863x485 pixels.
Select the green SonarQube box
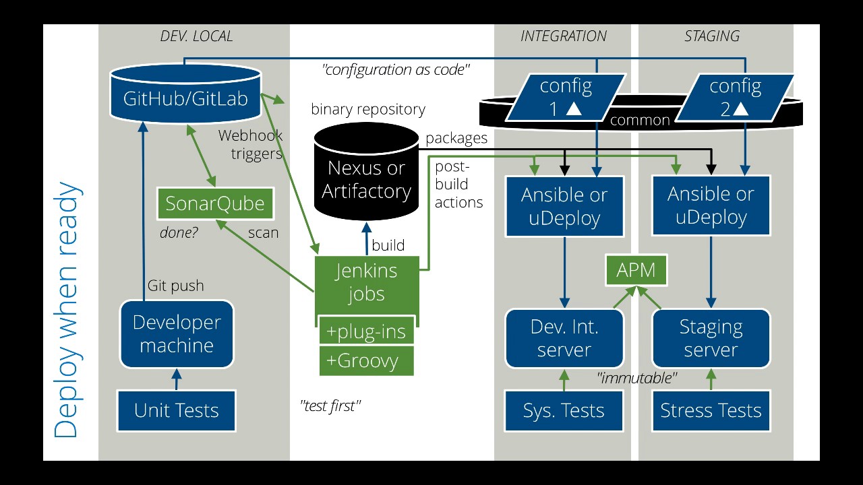tap(215, 203)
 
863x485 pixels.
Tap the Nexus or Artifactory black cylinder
tap(366, 178)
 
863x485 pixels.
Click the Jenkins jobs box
tap(366, 283)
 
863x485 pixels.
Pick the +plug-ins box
tap(366, 331)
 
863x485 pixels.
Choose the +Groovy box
tap(366, 360)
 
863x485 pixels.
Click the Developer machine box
tap(177, 334)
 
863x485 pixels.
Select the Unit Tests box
tap(177, 410)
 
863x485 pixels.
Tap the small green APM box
tap(636, 271)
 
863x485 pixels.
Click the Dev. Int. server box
tap(564, 338)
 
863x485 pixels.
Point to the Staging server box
tap(711, 338)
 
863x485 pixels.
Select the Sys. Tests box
tap(564, 410)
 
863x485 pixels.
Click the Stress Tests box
tap(711, 410)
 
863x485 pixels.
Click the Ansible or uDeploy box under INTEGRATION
tap(564, 206)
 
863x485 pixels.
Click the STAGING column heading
tap(712, 36)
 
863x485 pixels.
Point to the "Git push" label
tap(175, 286)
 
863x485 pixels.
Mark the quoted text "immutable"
tap(637, 379)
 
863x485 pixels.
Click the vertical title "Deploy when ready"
tap(67, 310)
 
